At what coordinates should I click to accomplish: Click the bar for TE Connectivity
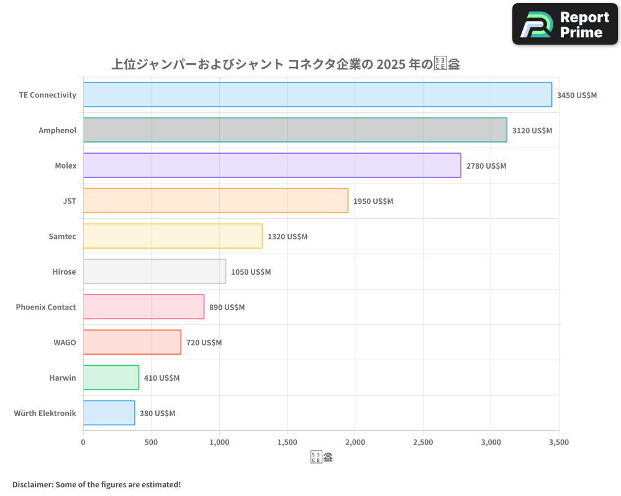[x=317, y=95]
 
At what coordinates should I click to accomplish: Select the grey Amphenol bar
[x=295, y=130]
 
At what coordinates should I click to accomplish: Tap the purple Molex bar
[x=272, y=166]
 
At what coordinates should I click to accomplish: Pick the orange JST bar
[x=215, y=201]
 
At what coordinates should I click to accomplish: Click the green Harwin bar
[x=111, y=378]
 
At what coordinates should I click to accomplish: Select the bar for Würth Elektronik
[x=109, y=413]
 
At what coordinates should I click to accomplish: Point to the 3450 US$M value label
[x=576, y=95]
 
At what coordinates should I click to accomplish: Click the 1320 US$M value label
[x=288, y=237]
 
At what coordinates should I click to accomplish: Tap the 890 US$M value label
[x=227, y=308]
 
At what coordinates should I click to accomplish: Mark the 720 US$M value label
[x=204, y=343]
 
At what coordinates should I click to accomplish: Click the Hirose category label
[x=64, y=272]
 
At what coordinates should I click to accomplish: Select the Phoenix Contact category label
[x=46, y=307]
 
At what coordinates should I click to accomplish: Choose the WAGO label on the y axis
[x=65, y=342]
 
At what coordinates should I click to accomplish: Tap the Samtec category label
[x=62, y=236]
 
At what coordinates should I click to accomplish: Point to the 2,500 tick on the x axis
[x=423, y=442]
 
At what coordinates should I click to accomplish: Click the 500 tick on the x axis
[x=151, y=442]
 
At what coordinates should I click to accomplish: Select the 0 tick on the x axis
[x=83, y=442]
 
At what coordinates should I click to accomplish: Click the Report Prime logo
[x=565, y=24]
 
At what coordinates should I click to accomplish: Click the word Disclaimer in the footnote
[x=32, y=484]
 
